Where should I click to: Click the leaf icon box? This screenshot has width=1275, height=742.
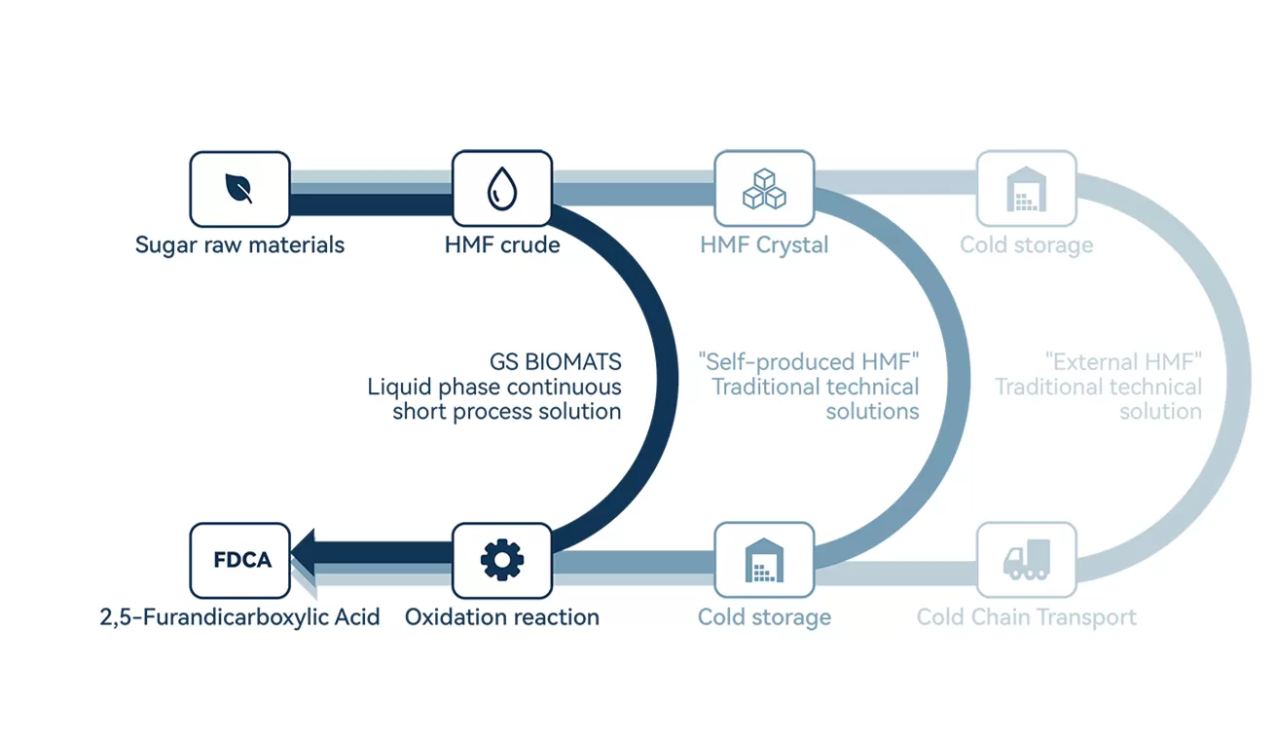(x=239, y=189)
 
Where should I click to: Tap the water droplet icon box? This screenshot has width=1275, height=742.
(x=502, y=189)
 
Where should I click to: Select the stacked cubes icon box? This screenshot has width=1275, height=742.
(x=764, y=189)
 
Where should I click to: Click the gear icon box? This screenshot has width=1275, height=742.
(x=502, y=560)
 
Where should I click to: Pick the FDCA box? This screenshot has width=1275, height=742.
(x=239, y=560)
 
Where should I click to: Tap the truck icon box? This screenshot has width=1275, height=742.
(x=1026, y=560)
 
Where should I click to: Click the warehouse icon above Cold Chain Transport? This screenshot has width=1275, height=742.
(x=1026, y=189)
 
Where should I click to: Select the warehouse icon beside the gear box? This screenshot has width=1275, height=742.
(x=764, y=560)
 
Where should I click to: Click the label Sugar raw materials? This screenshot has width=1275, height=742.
(x=239, y=244)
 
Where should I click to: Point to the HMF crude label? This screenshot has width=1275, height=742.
(x=502, y=244)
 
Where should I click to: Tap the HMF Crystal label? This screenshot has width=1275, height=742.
(x=764, y=244)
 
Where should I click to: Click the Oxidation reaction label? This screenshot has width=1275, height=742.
(x=502, y=617)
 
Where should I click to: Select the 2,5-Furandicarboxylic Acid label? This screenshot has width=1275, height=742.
(x=239, y=617)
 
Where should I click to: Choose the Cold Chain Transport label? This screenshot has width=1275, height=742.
(x=1026, y=617)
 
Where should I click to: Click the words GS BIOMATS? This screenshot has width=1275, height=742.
(x=555, y=362)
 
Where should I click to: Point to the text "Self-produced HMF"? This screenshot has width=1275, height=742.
(x=809, y=362)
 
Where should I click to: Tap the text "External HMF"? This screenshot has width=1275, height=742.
(x=1123, y=362)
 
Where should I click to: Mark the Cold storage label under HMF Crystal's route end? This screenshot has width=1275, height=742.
(x=764, y=617)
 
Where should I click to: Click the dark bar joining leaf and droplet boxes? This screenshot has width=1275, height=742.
(x=371, y=204)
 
